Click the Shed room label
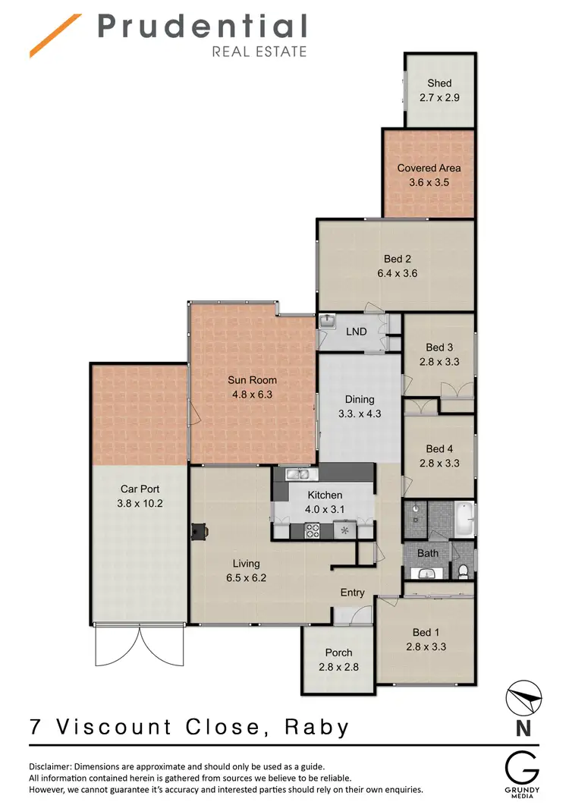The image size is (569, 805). [439, 83]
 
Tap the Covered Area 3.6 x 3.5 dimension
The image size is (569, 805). [429, 183]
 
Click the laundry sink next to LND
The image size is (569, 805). [327, 322]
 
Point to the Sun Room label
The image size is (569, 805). [253, 380]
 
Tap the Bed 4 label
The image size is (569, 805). [439, 449]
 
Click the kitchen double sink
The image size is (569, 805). [302, 475]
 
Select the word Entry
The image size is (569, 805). [353, 593]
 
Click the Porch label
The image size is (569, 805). [338, 652]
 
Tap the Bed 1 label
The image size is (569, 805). [426, 632]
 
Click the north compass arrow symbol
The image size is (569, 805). [523, 697]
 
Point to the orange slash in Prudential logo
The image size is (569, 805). [55, 36]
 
